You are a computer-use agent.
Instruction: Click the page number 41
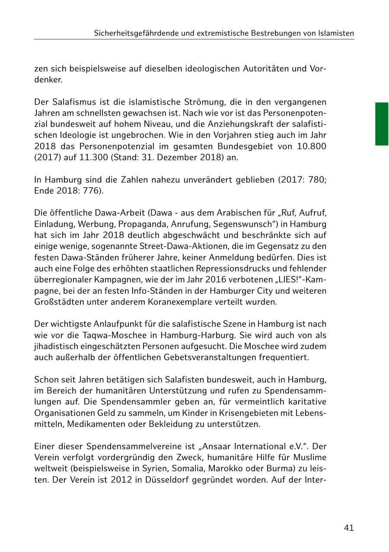coord(349,528)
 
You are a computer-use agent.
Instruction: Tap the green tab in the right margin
coord(382,124)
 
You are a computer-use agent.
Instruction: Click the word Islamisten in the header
coord(334,33)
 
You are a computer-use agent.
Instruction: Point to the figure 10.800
coord(312,146)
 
